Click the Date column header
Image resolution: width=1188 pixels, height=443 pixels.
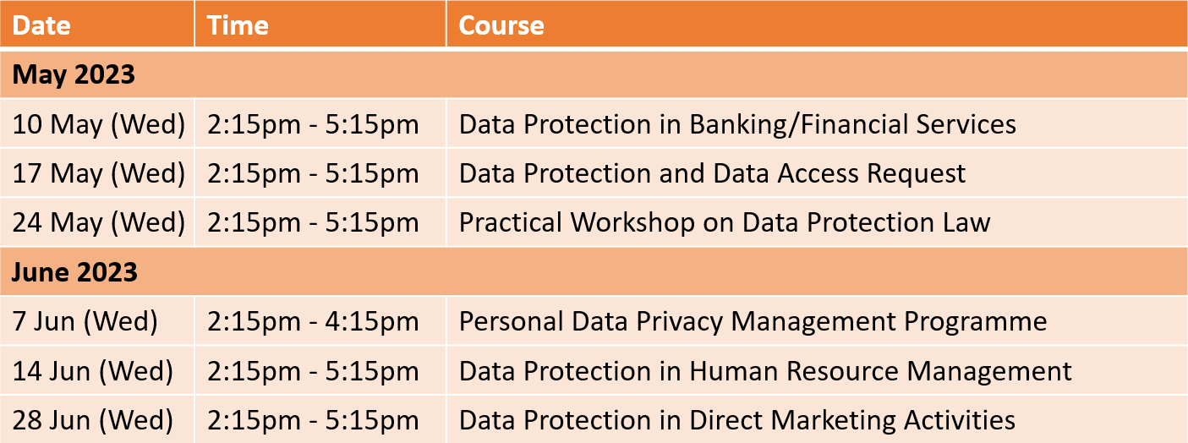[x=41, y=25]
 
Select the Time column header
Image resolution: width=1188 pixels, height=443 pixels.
[x=238, y=25]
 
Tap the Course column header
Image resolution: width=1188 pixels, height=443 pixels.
[x=501, y=25]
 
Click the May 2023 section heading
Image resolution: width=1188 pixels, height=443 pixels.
[x=74, y=74]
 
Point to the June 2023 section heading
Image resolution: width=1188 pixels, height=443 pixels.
[x=74, y=272]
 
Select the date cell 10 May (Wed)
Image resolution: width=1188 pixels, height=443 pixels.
[x=99, y=124]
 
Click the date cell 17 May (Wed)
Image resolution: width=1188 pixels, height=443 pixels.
[x=99, y=174]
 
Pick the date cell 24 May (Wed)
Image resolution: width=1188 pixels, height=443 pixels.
[x=99, y=223]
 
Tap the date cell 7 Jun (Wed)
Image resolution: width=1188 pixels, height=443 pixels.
[x=85, y=321]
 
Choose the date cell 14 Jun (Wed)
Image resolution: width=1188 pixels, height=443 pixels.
[x=93, y=371]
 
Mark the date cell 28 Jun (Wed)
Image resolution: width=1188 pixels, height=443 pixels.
[x=93, y=420]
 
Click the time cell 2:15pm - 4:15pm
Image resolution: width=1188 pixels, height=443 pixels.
[x=313, y=321]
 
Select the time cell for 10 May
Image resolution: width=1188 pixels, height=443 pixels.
[x=313, y=124]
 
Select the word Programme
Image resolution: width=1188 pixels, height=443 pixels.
[x=975, y=322]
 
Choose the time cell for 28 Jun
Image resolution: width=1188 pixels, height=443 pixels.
[x=313, y=420]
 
